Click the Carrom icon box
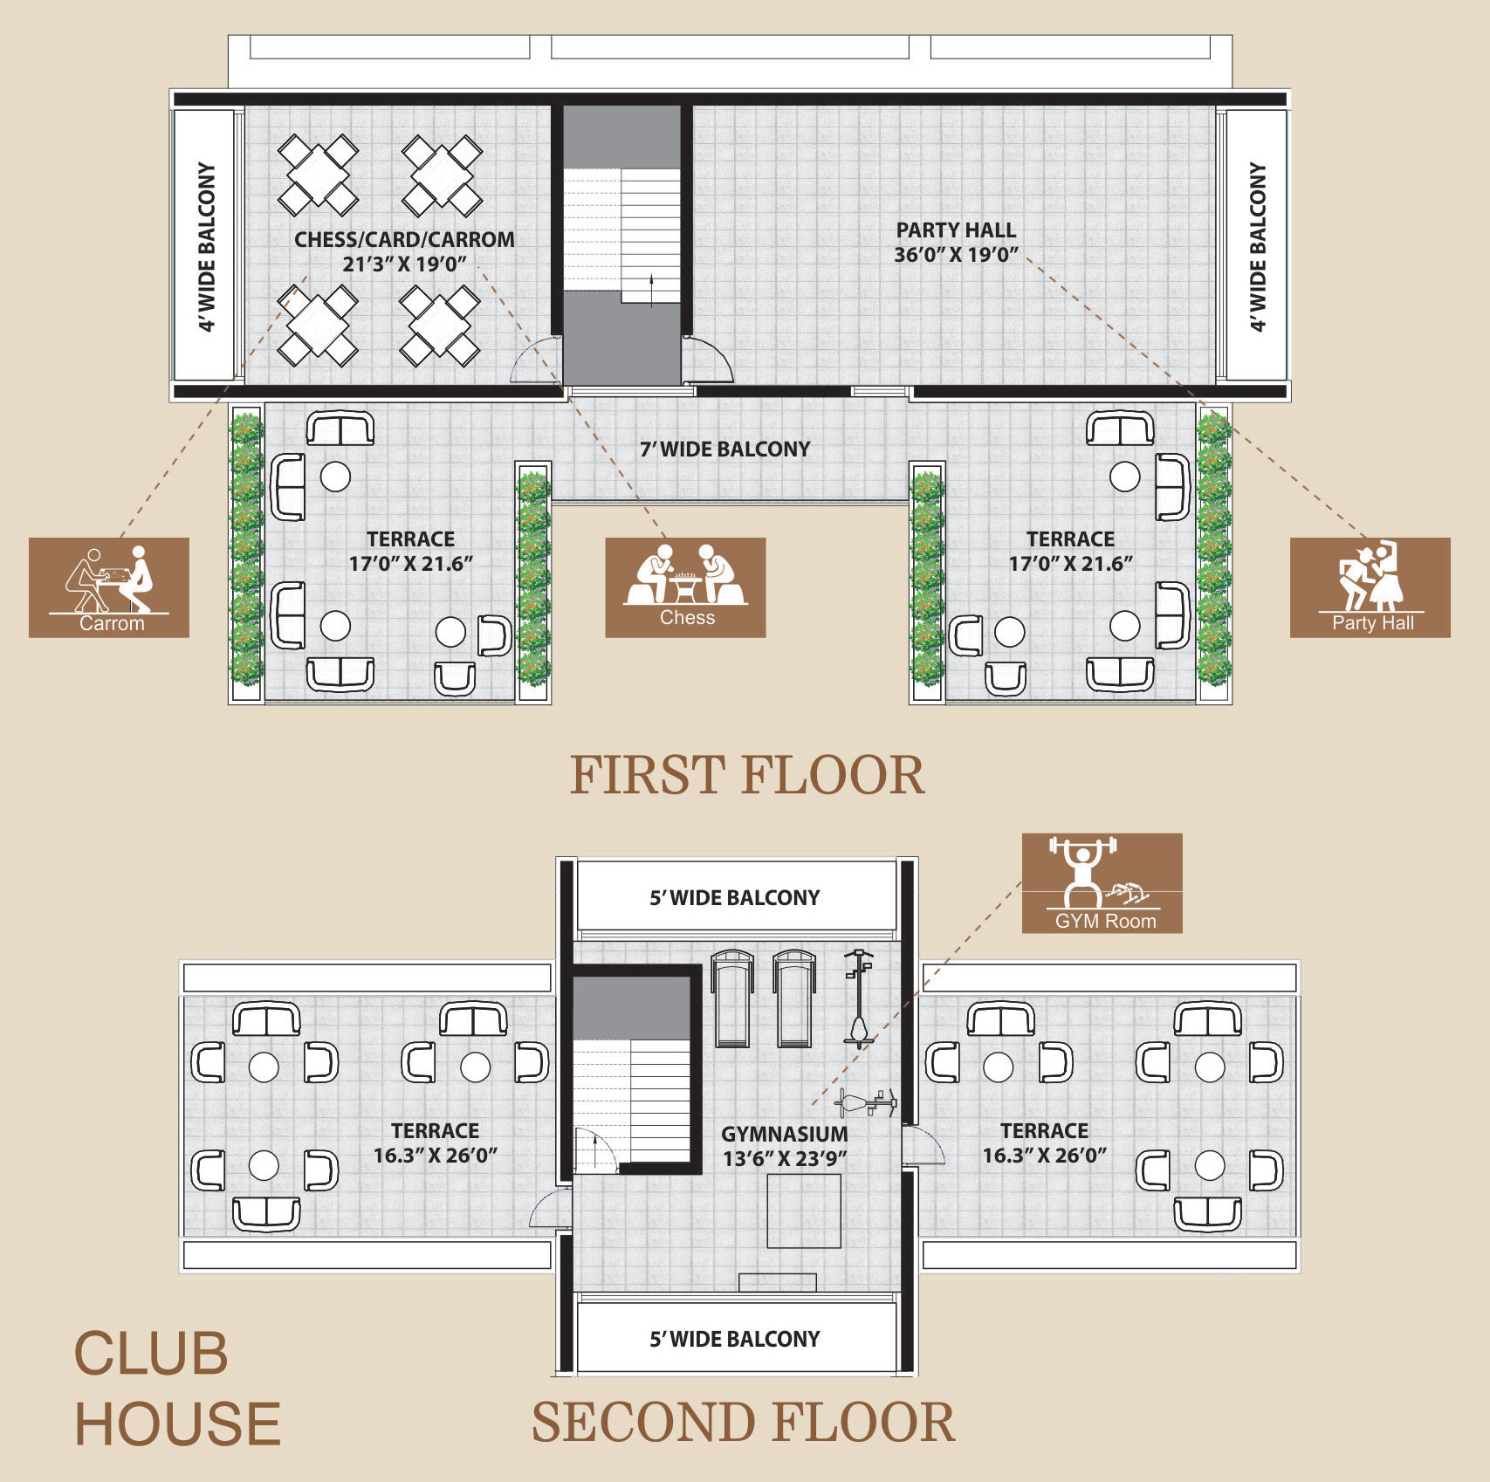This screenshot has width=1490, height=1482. [109, 587]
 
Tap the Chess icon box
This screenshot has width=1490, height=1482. [685, 587]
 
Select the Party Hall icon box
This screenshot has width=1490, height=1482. [1370, 587]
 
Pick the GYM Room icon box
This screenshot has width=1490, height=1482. [1102, 883]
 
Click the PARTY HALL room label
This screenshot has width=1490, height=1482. [956, 230]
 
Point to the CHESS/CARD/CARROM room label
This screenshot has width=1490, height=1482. [404, 240]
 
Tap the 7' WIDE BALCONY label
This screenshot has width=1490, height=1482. [725, 449]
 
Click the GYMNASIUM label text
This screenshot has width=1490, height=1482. [785, 1134]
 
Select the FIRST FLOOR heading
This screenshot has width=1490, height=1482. [747, 775]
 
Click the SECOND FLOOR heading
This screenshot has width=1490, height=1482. [744, 1422]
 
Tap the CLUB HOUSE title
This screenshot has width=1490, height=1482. [177, 1389]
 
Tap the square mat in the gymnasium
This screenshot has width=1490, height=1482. [804, 1211]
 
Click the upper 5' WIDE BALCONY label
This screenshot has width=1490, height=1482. [735, 898]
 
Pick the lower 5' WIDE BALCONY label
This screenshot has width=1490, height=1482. [735, 1340]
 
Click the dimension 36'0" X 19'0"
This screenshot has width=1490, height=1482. [956, 255]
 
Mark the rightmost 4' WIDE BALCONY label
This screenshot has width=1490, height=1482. [1257, 246]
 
